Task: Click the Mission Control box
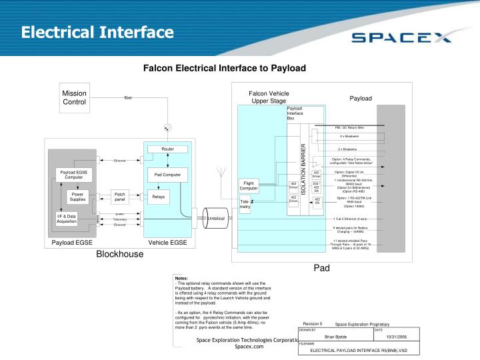click(75, 97)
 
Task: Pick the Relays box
click(158, 197)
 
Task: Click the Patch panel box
click(120, 197)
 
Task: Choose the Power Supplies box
click(78, 197)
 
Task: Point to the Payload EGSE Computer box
click(73, 175)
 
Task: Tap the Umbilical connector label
click(217, 218)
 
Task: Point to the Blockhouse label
click(119, 254)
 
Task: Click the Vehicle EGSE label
click(167, 243)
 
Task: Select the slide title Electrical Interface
click(96, 32)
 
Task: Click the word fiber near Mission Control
click(128, 98)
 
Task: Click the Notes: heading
click(181, 278)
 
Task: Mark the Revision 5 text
click(312, 323)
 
